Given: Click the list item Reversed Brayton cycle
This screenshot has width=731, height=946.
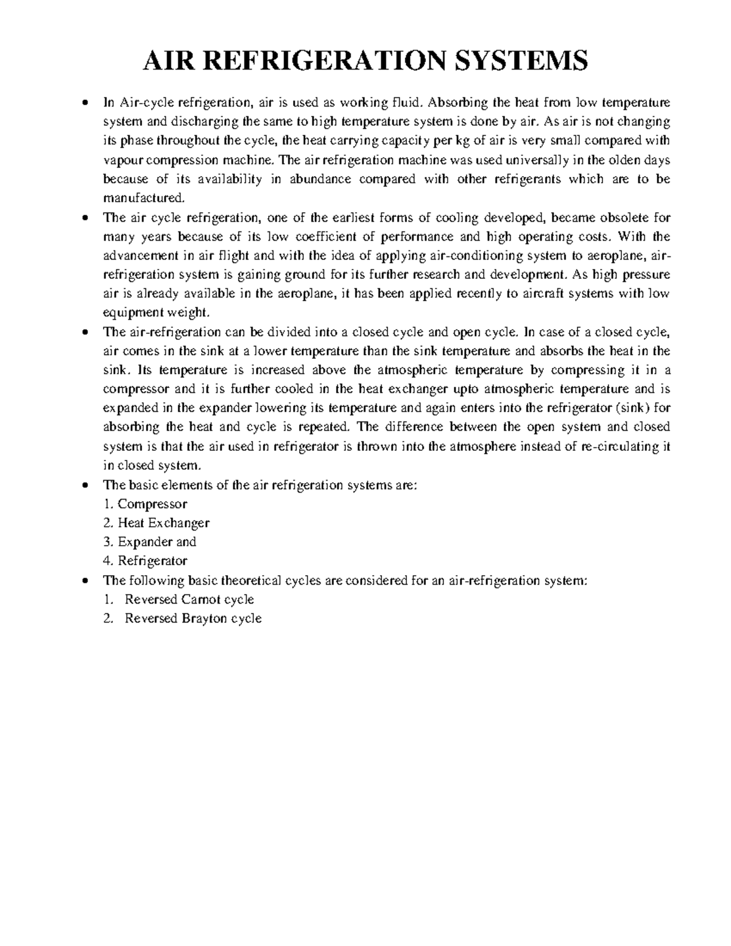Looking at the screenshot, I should [193, 618].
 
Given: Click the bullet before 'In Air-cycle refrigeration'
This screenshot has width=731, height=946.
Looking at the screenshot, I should [86, 102].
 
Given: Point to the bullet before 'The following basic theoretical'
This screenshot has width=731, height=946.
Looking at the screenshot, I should [86, 581].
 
